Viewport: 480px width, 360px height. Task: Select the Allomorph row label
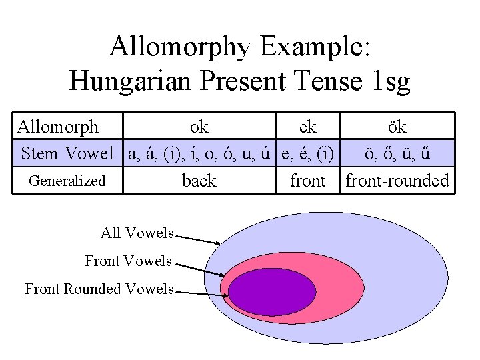(x=58, y=127)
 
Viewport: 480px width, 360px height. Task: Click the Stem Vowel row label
(x=67, y=154)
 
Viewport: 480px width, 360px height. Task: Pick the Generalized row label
(x=67, y=181)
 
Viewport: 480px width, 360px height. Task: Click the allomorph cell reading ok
(x=199, y=127)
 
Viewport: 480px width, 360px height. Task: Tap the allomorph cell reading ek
(x=308, y=127)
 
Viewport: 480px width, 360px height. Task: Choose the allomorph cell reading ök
(x=397, y=127)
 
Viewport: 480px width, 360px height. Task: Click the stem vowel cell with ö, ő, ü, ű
(x=397, y=154)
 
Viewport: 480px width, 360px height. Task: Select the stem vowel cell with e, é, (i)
(x=308, y=154)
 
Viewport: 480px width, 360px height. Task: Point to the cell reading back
(x=199, y=181)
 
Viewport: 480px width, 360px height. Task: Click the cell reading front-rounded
(x=397, y=181)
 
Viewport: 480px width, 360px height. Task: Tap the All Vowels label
(x=137, y=233)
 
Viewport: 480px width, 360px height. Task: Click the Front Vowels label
(x=128, y=261)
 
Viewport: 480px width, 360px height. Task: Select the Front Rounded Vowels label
(x=99, y=289)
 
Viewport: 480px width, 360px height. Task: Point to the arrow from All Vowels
(x=198, y=238)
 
